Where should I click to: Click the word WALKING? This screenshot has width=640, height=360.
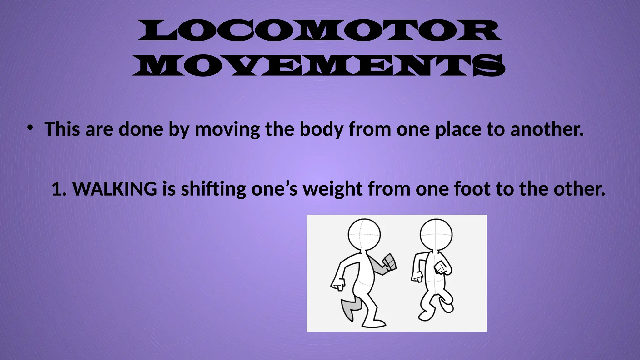tap(115, 189)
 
